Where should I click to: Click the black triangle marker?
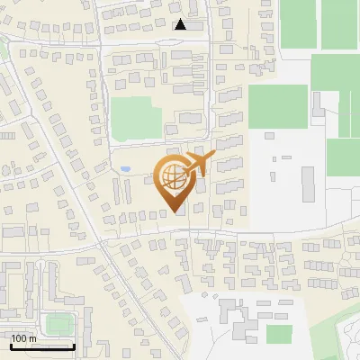click(x=181, y=24)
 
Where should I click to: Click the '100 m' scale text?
click(x=23, y=338)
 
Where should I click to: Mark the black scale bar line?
click(x=41, y=346)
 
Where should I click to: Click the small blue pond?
click(x=126, y=168)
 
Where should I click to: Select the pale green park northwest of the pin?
click(x=136, y=118)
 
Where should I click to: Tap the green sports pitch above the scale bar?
click(x=60, y=322)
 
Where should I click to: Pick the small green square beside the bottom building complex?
click(x=280, y=334)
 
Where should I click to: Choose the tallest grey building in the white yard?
click(x=309, y=184)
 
